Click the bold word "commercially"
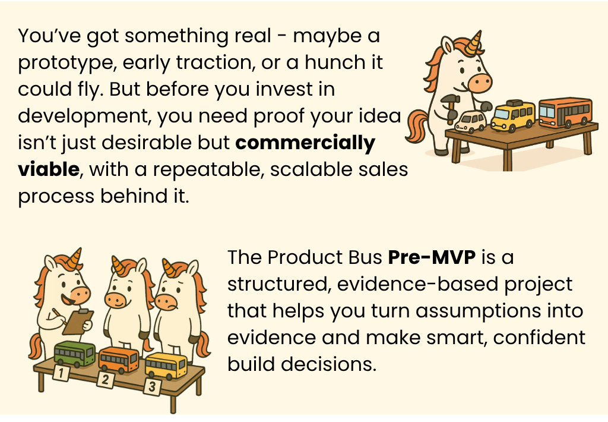(305, 143)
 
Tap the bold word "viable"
(49, 169)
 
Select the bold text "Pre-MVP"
(432, 257)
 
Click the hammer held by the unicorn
(451, 106)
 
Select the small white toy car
(470, 121)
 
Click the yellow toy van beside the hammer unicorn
(512, 115)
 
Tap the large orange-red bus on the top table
(566, 112)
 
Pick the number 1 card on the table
(61, 373)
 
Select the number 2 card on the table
(105, 380)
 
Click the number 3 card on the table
(153, 387)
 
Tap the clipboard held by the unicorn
(78, 322)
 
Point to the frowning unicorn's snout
(166, 302)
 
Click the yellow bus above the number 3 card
(166, 365)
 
